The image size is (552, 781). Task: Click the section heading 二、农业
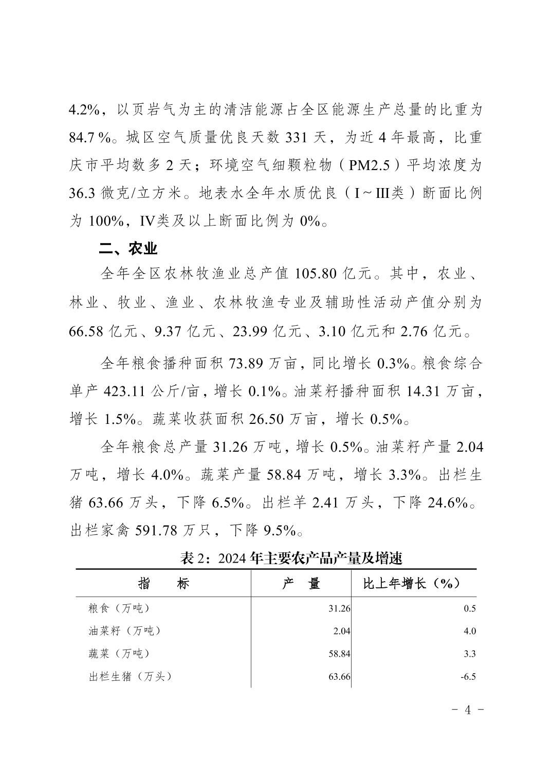[x=128, y=249]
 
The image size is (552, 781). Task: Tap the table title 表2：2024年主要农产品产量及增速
[x=291, y=558]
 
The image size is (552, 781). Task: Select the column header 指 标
[x=163, y=584]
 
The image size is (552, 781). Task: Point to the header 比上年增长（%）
[x=411, y=584]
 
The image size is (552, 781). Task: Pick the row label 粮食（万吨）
[x=119, y=608]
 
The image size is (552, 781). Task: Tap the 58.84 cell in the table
[x=339, y=654]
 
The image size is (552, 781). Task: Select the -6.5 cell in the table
[x=468, y=677]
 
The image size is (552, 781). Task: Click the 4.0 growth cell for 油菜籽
[x=470, y=631]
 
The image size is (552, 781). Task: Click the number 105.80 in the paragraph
[x=316, y=273]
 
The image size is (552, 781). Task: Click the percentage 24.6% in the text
[x=447, y=503]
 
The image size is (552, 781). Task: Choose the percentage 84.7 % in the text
[x=90, y=138]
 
